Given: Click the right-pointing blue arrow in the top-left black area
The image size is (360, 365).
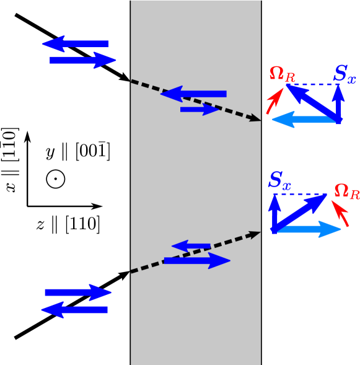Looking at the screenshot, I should point(83,60).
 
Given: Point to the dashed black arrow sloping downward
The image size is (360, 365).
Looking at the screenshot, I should point(194,100).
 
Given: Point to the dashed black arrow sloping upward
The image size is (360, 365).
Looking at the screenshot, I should point(194,252).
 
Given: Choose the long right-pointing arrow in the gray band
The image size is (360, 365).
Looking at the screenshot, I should point(196,261).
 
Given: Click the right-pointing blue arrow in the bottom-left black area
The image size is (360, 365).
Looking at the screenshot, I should point(78,292).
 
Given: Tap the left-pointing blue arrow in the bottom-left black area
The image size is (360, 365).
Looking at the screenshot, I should point(74,309).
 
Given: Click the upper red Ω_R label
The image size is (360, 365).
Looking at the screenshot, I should point(282,74).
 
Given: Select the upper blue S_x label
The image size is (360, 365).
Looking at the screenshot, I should point(345,75).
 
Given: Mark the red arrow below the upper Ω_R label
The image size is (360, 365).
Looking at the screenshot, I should point(274,102).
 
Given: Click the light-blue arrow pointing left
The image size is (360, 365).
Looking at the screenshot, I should point(305,119).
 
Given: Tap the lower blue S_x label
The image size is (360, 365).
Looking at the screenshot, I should point(279,181).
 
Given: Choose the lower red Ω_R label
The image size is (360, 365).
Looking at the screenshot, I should point(346,191).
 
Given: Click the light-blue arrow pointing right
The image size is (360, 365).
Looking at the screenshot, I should point(307,229).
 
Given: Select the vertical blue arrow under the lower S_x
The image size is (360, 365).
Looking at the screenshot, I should point(274,213).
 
